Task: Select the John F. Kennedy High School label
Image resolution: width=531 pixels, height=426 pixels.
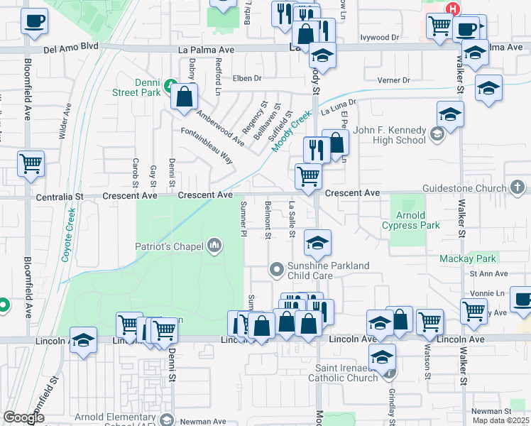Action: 389,135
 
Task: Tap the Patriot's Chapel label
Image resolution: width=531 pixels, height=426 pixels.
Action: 171,247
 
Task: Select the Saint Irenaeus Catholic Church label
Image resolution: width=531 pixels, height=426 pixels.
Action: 347,373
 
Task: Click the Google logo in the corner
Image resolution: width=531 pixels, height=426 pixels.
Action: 24,417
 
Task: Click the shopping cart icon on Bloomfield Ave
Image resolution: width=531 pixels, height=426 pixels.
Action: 31,163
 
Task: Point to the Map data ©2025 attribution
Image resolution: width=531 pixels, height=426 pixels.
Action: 500,420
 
